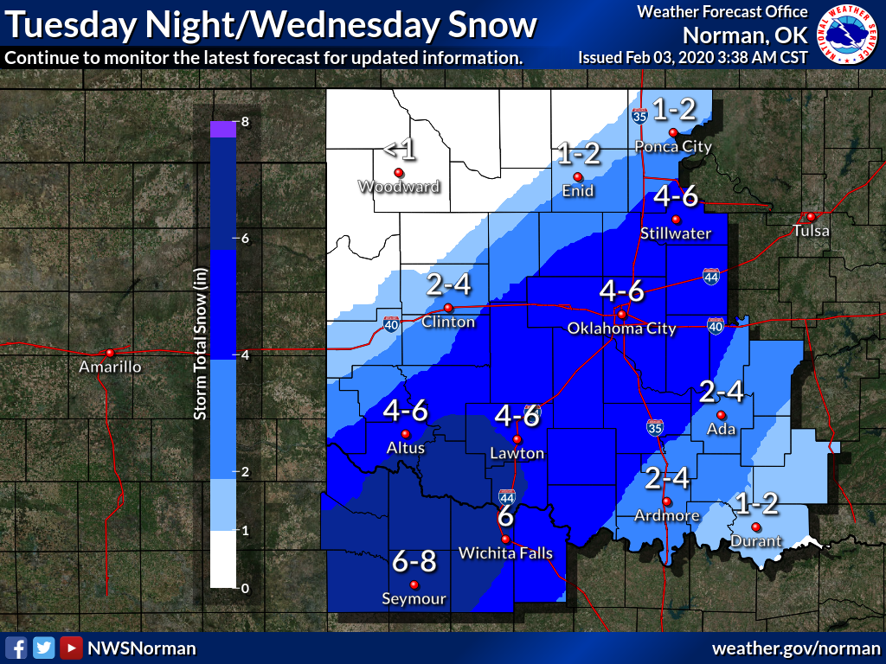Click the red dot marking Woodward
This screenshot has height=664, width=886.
(399, 172)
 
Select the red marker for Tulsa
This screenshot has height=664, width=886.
(811, 216)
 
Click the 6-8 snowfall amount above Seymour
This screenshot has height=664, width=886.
(414, 562)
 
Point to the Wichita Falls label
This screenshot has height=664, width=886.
(505, 553)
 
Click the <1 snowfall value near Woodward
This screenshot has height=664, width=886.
(400, 150)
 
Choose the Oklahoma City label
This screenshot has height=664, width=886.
(620, 329)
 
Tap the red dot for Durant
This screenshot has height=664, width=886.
(755, 527)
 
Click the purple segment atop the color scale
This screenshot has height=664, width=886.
(222, 129)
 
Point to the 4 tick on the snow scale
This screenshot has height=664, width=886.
(246, 355)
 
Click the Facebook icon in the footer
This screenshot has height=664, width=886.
(16, 648)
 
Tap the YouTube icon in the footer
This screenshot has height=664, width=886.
(71, 648)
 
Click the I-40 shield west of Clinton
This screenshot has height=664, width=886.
(391, 323)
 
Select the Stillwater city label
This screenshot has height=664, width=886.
(676, 233)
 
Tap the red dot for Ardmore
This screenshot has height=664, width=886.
(666, 502)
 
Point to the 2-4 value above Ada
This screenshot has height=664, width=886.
(721, 393)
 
